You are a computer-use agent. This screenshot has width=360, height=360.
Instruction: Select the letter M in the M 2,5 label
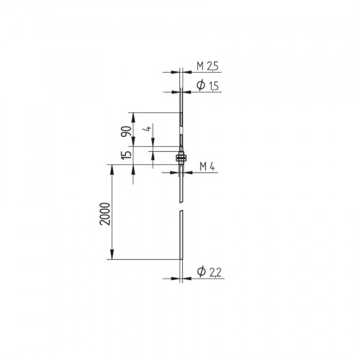202,66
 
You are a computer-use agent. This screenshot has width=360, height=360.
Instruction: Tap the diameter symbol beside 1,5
201,85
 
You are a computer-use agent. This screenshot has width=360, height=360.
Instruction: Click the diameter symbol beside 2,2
201,271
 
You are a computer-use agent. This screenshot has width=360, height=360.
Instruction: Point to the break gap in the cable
180,206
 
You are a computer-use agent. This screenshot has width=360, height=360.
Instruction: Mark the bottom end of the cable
180,258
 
